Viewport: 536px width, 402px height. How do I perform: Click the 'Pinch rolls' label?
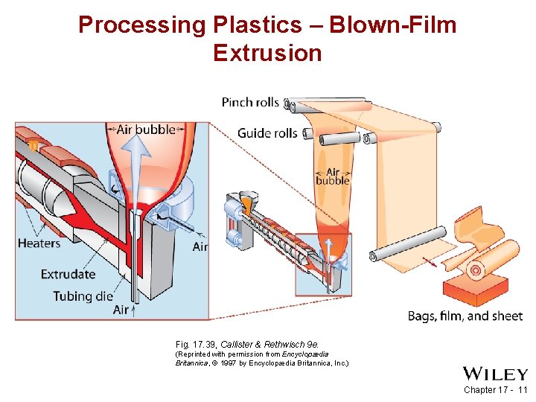click(x=250, y=102)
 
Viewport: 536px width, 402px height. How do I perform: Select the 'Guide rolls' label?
click(x=267, y=134)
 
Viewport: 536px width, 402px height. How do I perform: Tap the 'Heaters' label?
click(x=39, y=243)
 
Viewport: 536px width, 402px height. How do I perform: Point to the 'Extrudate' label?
click(x=68, y=274)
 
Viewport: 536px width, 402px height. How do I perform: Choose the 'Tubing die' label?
click(x=83, y=296)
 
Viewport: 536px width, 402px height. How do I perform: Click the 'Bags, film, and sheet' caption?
click(x=465, y=316)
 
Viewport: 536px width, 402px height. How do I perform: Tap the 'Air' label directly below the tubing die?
click(x=121, y=310)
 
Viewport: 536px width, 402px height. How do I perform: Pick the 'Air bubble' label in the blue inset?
click(x=146, y=130)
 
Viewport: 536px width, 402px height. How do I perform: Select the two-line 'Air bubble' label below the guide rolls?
click(x=332, y=176)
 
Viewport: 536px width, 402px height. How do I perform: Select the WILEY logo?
click(x=494, y=373)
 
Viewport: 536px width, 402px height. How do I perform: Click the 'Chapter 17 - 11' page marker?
click(x=494, y=390)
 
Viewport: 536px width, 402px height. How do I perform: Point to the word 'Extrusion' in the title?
click(x=267, y=54)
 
